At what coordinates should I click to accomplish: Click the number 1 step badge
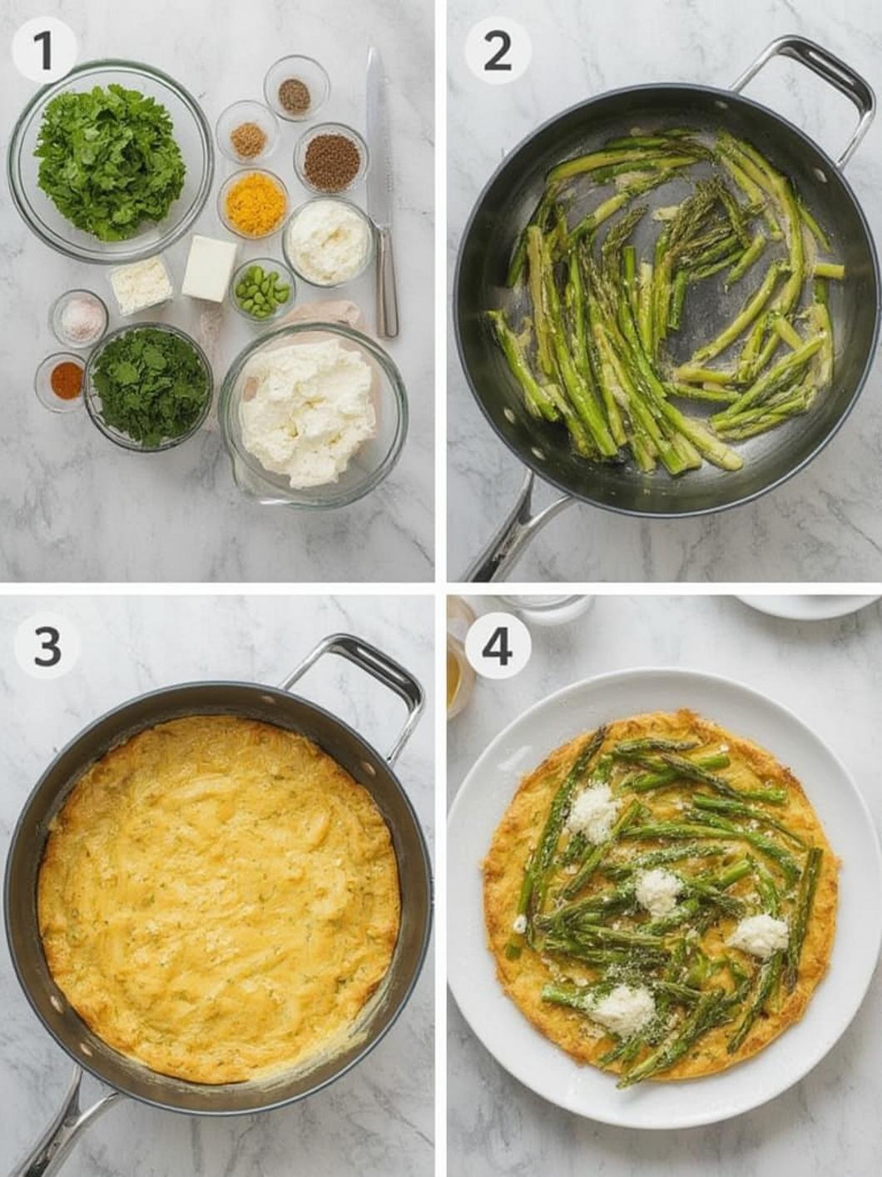coord(43,49)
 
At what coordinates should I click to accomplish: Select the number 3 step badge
coord(47,645)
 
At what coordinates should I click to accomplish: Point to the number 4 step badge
coord(497,645)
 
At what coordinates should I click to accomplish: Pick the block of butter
coord(209,268)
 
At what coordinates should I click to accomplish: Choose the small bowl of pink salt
coord(79,318)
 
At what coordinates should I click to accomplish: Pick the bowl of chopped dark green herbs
coord(149,385)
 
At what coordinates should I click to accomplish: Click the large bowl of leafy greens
coord(110,161)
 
